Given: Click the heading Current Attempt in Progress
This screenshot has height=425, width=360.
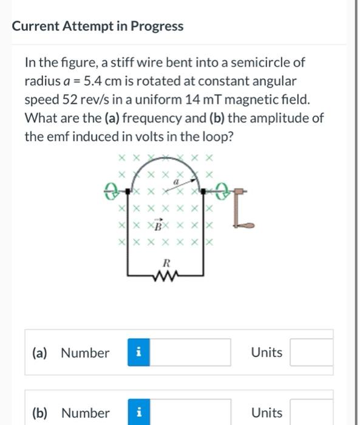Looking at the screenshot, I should (98, 26).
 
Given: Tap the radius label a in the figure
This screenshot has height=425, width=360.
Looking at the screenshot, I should (177, 182).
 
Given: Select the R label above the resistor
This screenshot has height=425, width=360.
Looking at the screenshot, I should (165, 263).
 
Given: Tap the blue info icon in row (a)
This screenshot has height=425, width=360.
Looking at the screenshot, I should (138, 353).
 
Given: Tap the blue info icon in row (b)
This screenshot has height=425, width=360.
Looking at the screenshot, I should (138, 413).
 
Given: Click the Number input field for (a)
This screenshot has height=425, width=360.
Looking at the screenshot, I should (189, 353).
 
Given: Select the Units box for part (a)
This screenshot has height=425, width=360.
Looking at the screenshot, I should (311, 353).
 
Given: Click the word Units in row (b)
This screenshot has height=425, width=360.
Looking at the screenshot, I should (267, 413).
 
